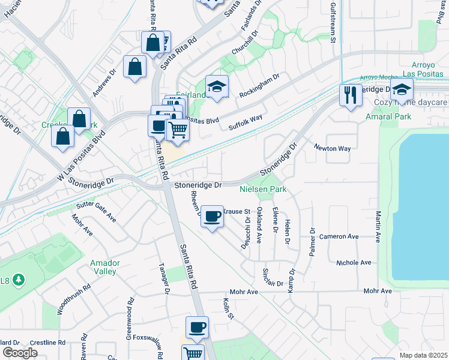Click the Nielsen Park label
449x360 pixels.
263,190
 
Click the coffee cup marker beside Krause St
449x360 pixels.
212,216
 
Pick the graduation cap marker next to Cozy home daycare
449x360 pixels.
402,91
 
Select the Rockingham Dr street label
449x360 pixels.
260,86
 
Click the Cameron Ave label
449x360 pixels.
340,236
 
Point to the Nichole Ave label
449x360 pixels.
354,263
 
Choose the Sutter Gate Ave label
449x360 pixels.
95,212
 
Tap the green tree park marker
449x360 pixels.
19,280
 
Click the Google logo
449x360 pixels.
19,352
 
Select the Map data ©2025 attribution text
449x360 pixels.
423,355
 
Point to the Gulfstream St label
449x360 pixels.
333,21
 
